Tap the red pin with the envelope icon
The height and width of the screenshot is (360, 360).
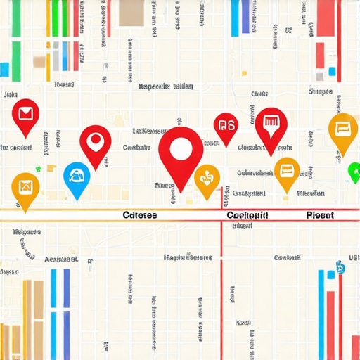point(25,115)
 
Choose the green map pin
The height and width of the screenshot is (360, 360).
point(354,172)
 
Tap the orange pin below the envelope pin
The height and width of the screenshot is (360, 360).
point(25,188)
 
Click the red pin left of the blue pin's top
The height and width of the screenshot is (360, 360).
point(96,143)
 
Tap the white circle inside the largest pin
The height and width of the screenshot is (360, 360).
point(181,148)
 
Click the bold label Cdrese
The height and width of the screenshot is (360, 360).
point(139,215)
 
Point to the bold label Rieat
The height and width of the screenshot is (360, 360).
point(321,215)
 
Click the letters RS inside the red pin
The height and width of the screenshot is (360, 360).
point(226,126)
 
